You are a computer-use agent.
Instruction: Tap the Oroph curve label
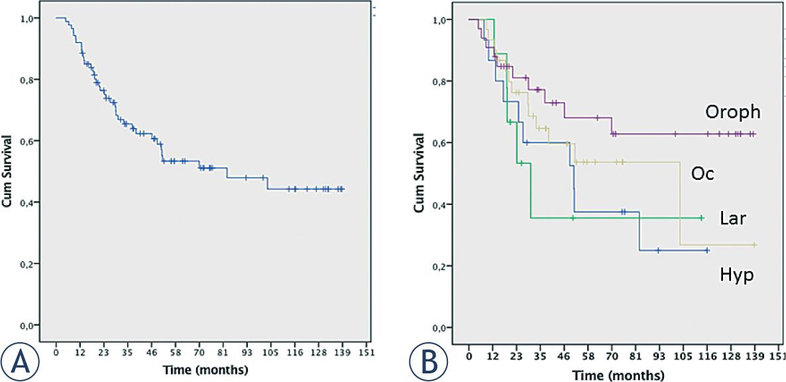(732, 113)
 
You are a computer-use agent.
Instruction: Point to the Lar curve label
(733, 218)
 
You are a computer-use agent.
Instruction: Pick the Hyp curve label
(736, 275)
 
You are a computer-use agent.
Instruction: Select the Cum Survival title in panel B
(420, 173)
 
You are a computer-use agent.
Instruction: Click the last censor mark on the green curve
(701, 218)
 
